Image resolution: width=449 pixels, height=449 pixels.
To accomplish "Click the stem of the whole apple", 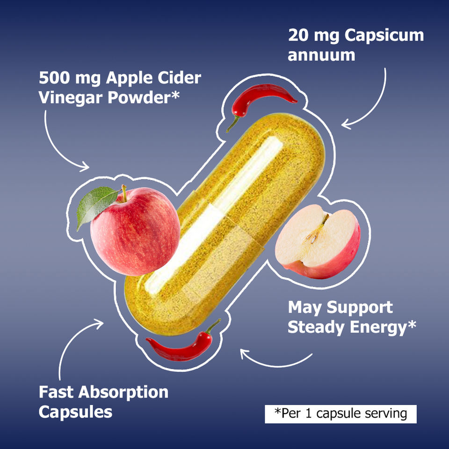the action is (x=124, y=193).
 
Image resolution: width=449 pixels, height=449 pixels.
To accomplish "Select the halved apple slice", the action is (x=317, y=241).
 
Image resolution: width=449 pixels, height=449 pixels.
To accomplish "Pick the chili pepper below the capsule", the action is (x=182, y=343).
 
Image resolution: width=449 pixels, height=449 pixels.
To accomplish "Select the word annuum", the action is (x=321, y=55).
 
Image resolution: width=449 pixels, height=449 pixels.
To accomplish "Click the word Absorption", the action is (x=123, y=393).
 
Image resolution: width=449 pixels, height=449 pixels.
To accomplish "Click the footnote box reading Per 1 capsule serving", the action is (x=340, y=414).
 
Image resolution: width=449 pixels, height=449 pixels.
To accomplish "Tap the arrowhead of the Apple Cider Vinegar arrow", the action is (x=85, y=167).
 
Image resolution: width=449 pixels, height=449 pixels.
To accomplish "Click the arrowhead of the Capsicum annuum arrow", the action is (x=346, y=125).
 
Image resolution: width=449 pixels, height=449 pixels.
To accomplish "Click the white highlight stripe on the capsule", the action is (x=213, y=215).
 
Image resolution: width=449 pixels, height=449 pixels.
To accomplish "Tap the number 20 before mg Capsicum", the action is (x=298, y=36).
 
